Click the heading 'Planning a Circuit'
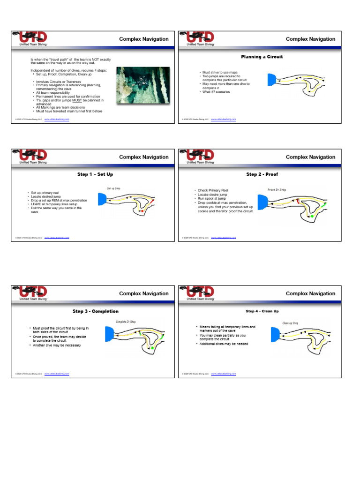(262, 57)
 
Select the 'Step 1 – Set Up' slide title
(95, 174)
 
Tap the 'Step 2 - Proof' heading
(262, 174)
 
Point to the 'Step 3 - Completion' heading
(95, 311)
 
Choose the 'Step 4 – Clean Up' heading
(262, 311)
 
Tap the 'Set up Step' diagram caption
(114, 188)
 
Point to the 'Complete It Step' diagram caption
(126, 322)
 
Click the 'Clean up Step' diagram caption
(290, 323)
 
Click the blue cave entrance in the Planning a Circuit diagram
(272, 80)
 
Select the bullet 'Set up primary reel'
(45, 193)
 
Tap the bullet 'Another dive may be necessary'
(57, 345)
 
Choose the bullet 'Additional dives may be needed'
(224, 344)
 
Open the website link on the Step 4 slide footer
(224, 374)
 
